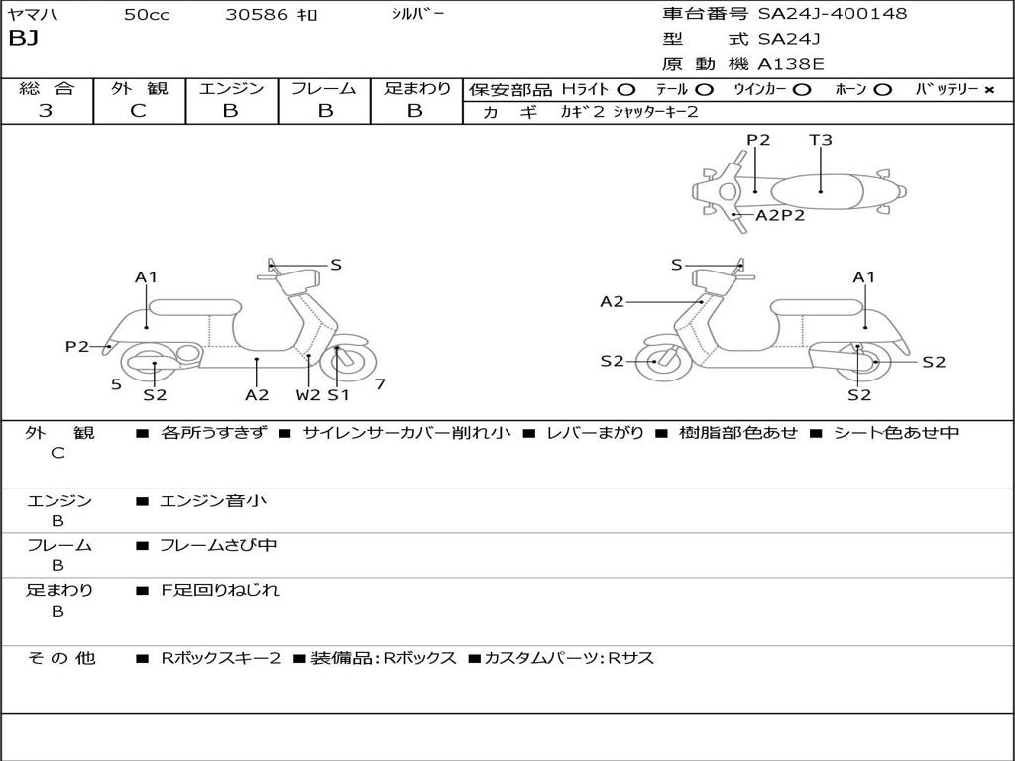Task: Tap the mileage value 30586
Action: coord(257,15)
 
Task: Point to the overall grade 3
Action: coord(46,111)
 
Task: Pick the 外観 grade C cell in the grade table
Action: coord(139,111)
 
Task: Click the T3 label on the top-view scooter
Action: coord(821,140)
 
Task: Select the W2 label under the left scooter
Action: coord(308,395)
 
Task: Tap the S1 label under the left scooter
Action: coord(339,395)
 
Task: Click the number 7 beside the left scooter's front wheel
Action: coord(380,384)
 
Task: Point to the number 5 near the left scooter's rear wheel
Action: coord(116,384)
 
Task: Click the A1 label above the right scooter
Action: coord(864,277)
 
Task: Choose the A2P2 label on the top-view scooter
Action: coord(780,215)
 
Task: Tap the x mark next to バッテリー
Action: coord(988,89)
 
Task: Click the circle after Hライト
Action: coord(625,89)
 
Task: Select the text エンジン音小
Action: coord(213,501)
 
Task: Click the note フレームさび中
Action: coord(218,545)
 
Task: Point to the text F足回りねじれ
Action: coord(220,590)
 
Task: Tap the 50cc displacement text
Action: coord(147,15)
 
